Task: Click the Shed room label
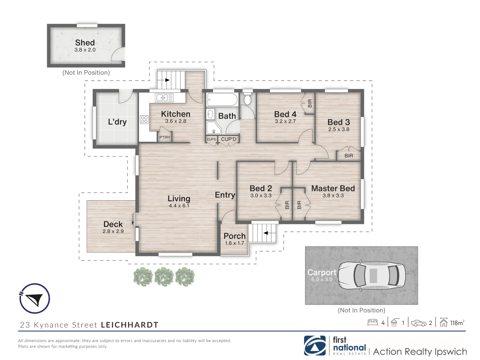85,42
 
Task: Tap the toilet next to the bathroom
247,99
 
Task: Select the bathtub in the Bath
222,100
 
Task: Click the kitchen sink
164,98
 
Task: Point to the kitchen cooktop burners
144,120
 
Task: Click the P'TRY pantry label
165,137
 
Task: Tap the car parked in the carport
372,276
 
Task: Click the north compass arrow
35,299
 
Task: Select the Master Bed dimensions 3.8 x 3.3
333,195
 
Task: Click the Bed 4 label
285,114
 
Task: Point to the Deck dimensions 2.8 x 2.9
113,231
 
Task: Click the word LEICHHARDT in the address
130,325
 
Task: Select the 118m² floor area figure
457,323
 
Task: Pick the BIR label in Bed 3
349,156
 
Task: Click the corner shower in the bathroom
214,128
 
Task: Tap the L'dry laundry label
117,122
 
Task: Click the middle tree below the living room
164,277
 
